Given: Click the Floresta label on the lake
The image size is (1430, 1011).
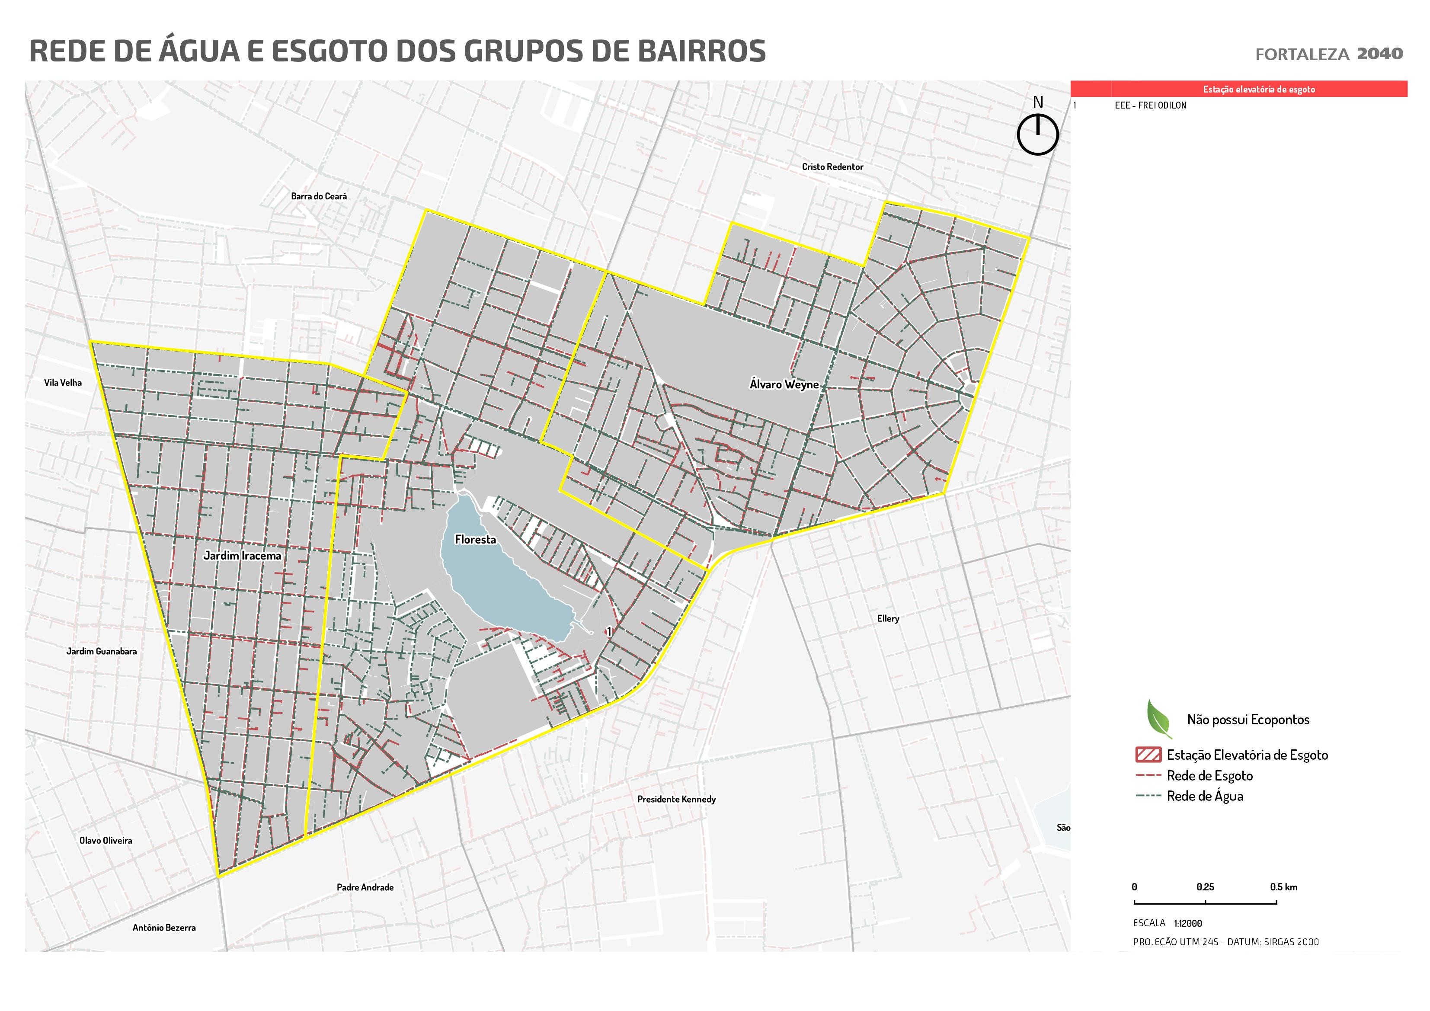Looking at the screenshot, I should (x=475, y=540).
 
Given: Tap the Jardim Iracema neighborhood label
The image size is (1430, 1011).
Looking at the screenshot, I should (x=242, y=556).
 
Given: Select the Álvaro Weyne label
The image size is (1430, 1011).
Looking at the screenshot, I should (x=784, y=384).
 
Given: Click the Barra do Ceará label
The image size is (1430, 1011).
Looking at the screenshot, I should (x=319, y=196).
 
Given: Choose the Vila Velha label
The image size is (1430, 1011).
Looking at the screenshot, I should (x=63, y=382).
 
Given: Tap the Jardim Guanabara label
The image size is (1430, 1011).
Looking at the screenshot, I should (x=102, y=652).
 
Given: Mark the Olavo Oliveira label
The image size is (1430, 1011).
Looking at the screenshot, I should (x=106, y=840).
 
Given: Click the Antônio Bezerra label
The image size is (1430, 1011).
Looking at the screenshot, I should (x=164, y=928).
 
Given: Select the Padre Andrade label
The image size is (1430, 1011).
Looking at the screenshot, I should (x=365, y=887).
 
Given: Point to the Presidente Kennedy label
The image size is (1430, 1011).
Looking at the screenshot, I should (x=676, y=799).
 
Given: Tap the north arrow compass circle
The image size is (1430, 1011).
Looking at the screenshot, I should (x=1038, y=134).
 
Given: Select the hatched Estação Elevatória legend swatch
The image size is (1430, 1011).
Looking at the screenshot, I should (x=1148, y=755).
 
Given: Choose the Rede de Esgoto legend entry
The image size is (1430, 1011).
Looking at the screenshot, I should (x=1209, y=775).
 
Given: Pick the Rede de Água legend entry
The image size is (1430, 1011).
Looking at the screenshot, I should (x=1205, y=796).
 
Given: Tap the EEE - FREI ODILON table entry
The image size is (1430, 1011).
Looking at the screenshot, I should (x=1150, y=105).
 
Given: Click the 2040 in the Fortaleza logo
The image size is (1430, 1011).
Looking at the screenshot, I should (x=1379, y=54).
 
